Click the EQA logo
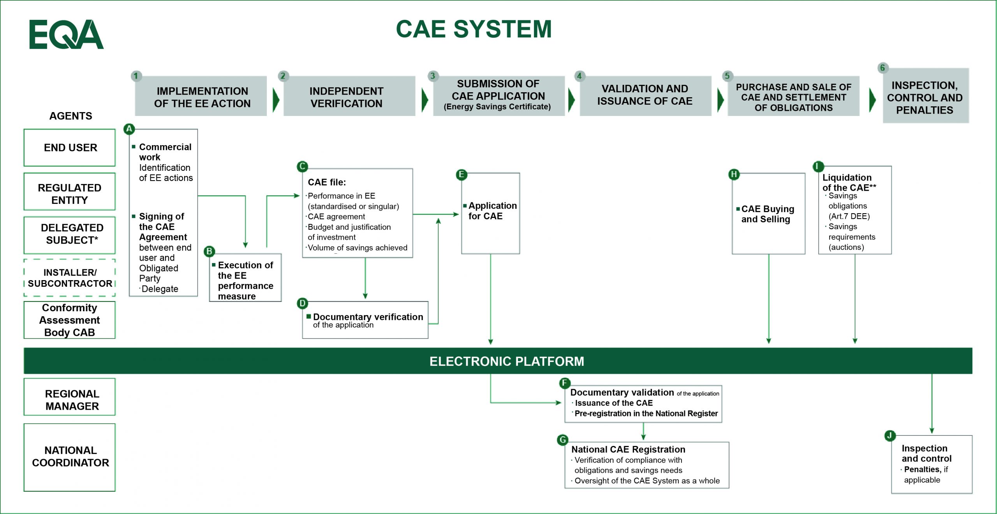click(x=66, y=34)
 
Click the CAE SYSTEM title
click(x=474, y=29)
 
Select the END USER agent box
click(x=70, y=148)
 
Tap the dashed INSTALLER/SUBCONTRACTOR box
click(x=70, y=278)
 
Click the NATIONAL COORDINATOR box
click(x=70, y=457)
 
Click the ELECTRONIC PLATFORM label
click(x=506, y=361)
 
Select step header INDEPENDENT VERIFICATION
click(x=347, y=97)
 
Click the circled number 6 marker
click(x=883, y=68)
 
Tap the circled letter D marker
click(x=302, y=303)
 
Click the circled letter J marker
click(x=890, y=435)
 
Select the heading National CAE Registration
click(x=628, y=449)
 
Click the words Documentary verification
click(x=368, y=317)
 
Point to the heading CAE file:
click(x=326, y=182)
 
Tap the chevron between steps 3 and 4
click(x=571, y=100)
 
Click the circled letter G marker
click(x=562, y=440)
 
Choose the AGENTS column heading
click(x=70, y=116)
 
